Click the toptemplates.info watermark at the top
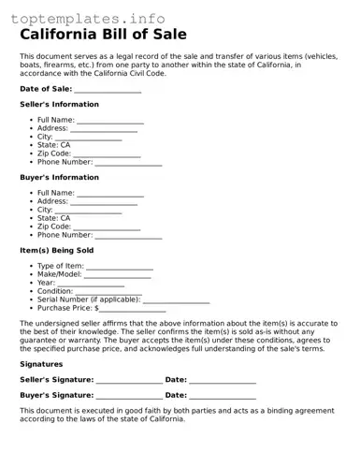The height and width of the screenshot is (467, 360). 83,18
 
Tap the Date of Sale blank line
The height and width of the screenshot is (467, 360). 108,90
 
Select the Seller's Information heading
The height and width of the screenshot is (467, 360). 59,105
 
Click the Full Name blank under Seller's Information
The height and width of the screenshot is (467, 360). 110,122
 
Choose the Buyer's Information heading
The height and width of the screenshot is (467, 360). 59,178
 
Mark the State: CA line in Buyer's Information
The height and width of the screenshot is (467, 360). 53,218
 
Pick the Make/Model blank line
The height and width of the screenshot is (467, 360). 117,276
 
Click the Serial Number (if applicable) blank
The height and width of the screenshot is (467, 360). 176,301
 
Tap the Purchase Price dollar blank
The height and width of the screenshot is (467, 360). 132,309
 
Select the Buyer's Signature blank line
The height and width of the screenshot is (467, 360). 128,398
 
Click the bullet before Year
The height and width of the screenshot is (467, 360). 32,283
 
